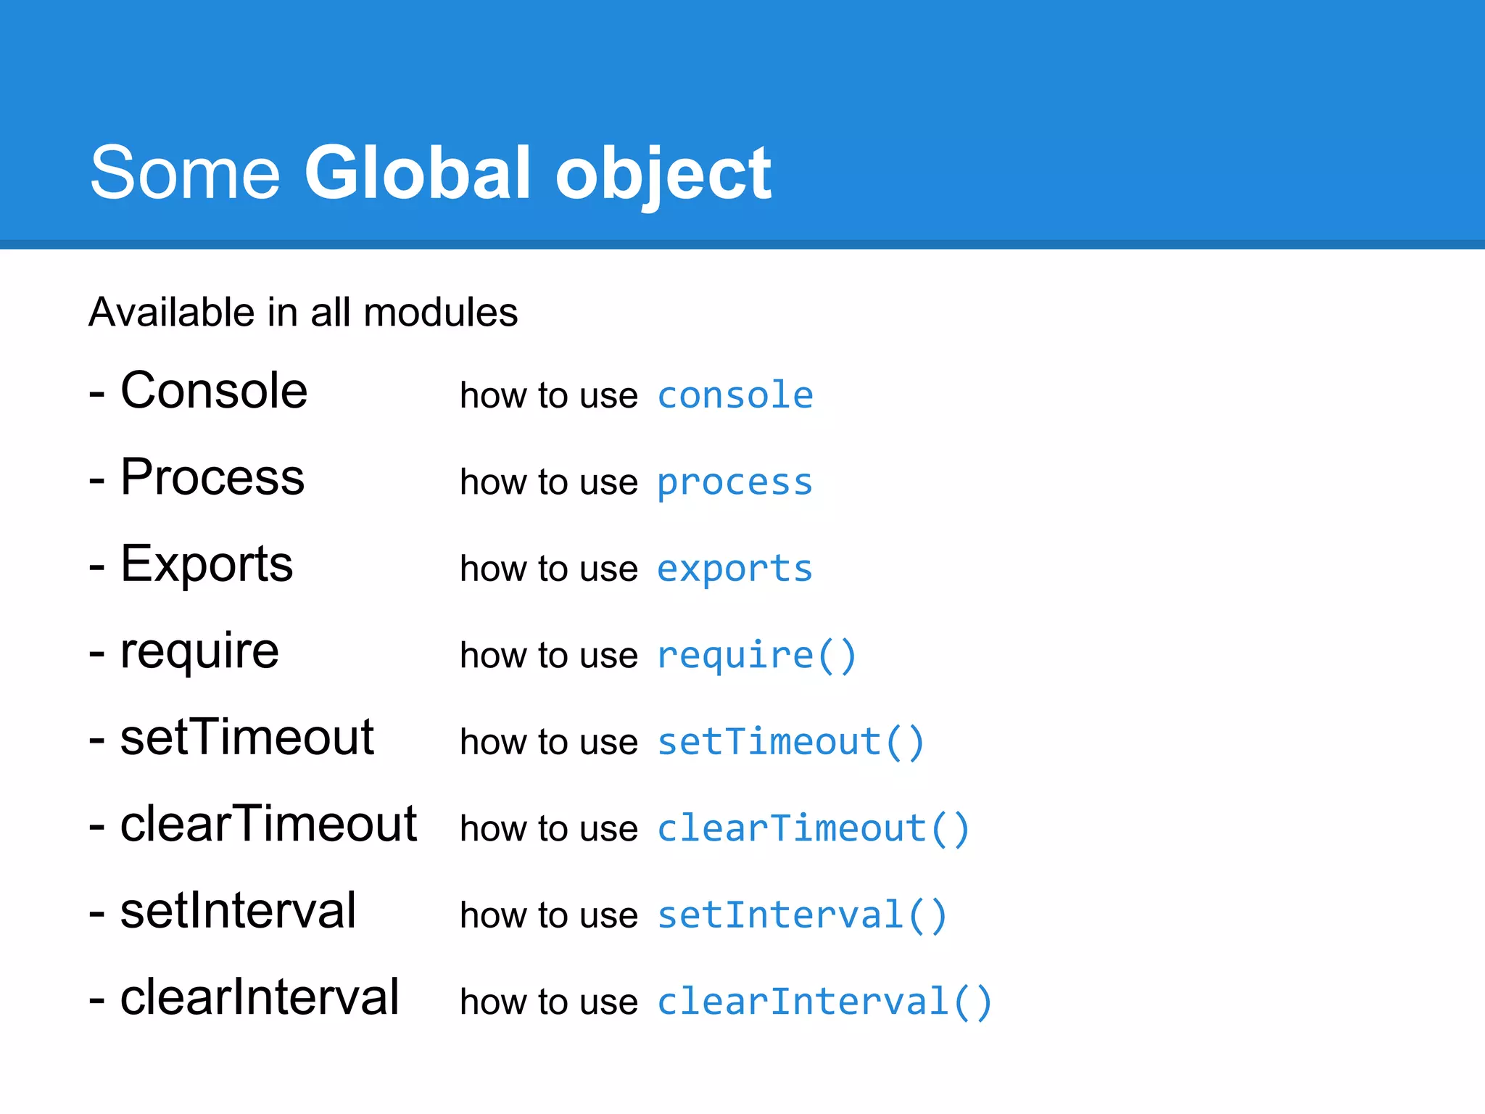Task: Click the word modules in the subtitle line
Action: click(441, 313)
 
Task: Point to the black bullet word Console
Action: click(214, 391)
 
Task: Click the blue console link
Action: click(735, 395)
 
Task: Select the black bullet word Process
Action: click(212, 478)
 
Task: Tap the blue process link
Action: click(735, 483)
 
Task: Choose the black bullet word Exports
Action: click(207, 564)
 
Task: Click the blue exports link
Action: click(735, 569)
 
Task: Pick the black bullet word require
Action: click(199, 651)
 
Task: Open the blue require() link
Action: click(756, 656)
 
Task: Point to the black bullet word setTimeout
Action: click(247, 738)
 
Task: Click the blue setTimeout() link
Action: click(790, 742)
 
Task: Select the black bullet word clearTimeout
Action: click(268, 824)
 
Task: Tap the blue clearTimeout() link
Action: click(813, 828)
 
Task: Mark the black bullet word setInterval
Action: click(238, 910)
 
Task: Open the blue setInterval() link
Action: click(802, 915)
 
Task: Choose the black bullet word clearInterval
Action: click(260, 997)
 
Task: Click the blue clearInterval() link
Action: click(824, 1002)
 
